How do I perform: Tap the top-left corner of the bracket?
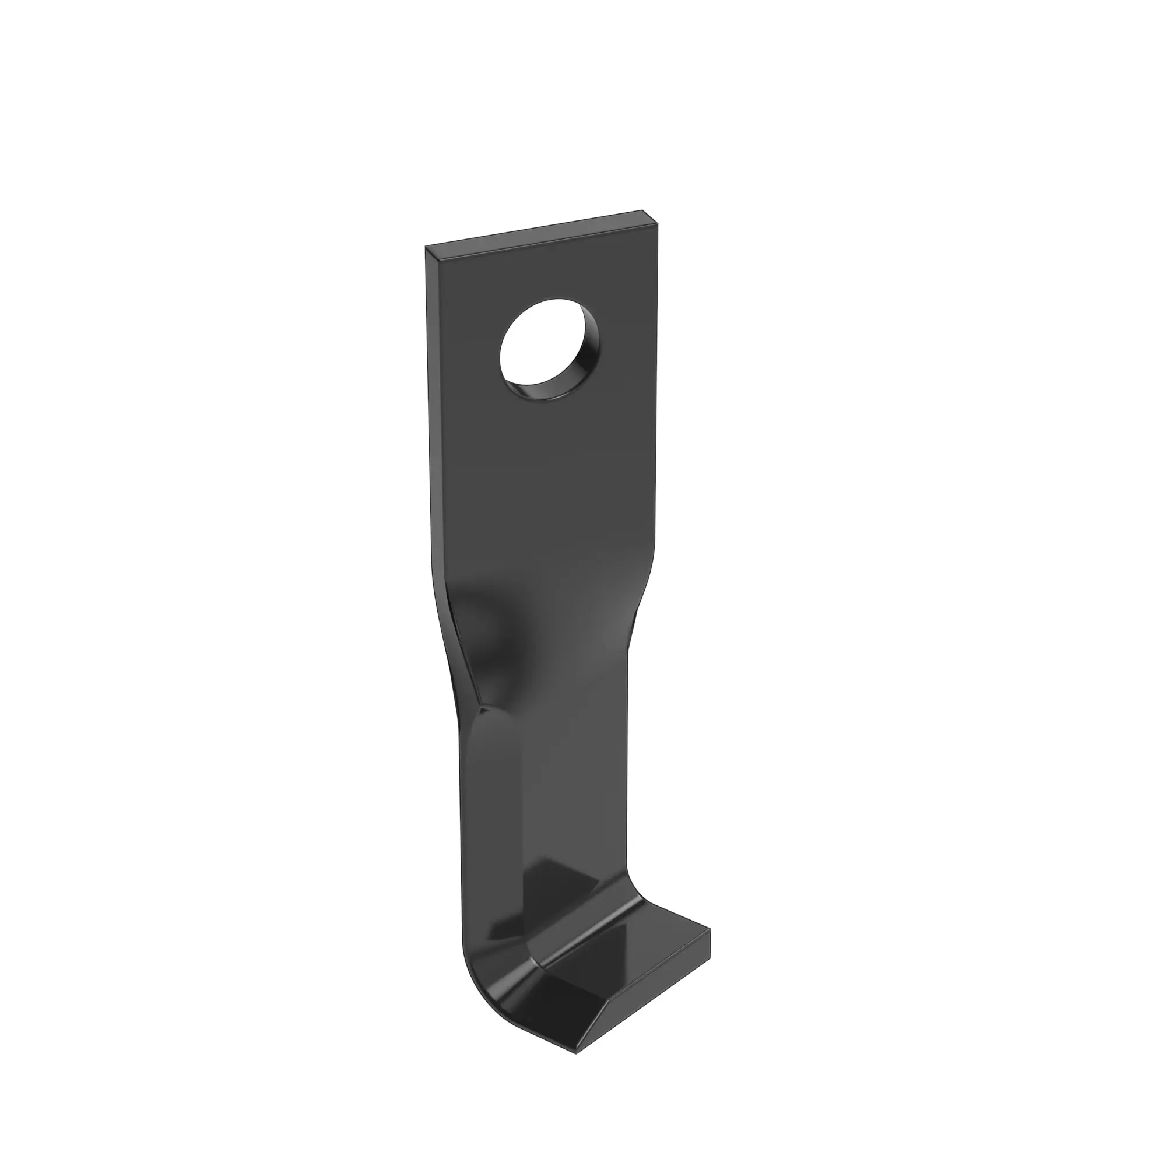pyautogui.click(x=427, y=247)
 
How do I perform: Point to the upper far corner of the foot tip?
pyautogui.click(x=710, y=947)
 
